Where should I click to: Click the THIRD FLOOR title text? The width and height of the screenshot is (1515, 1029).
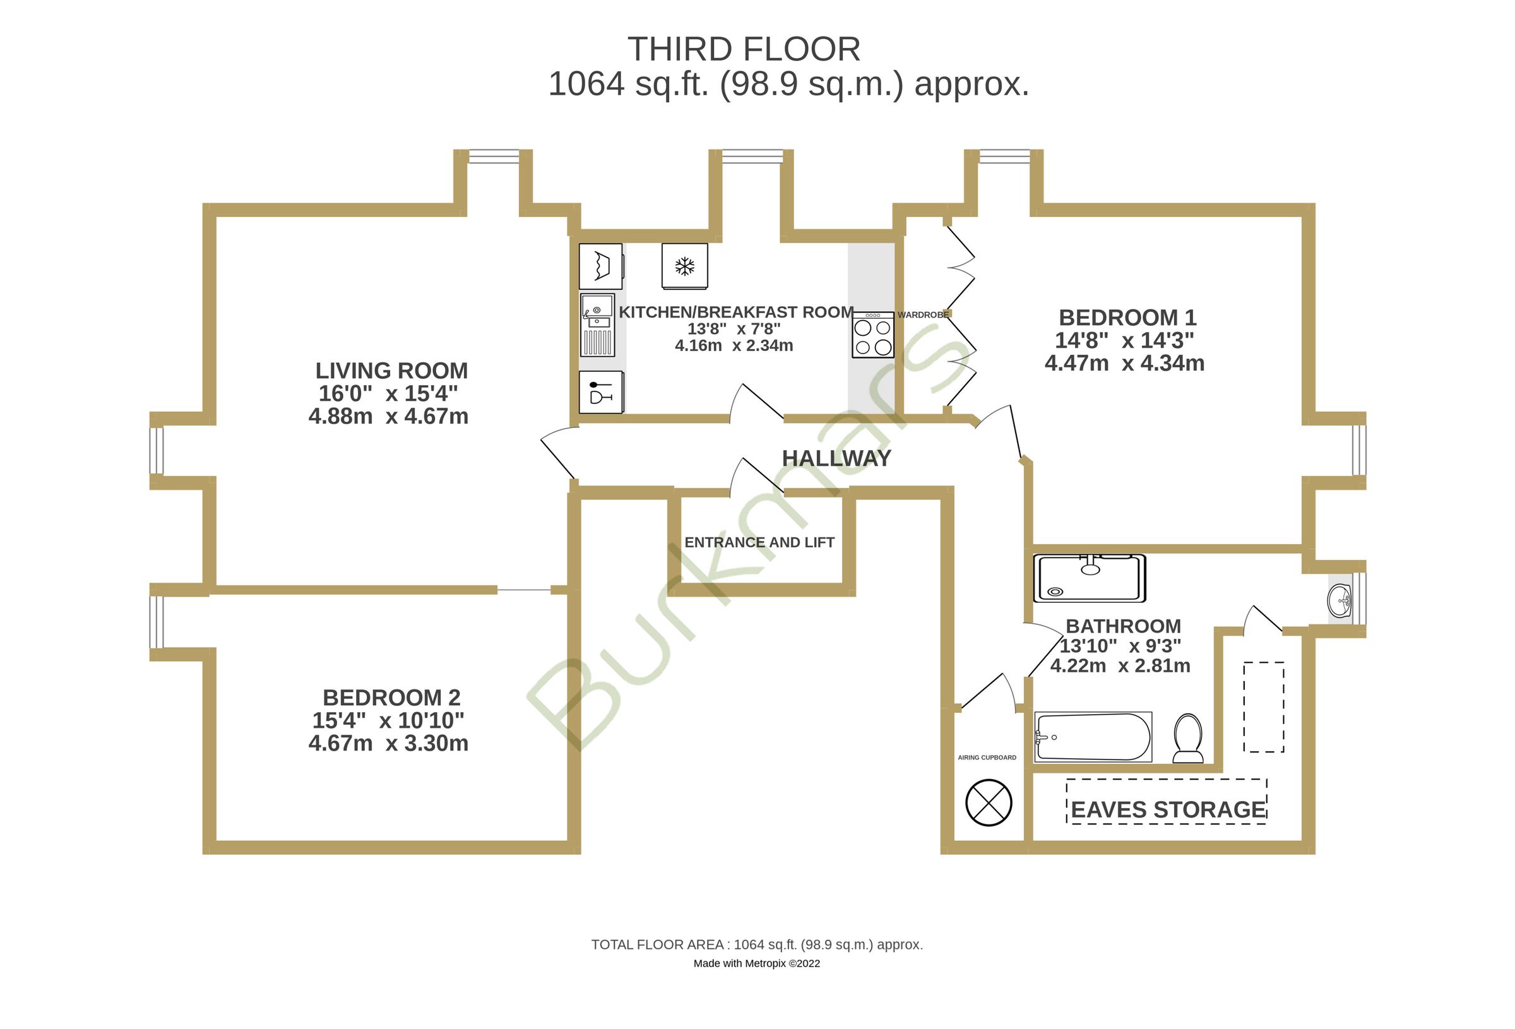coord(743,50)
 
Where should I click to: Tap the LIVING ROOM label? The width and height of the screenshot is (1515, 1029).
coord(391,371)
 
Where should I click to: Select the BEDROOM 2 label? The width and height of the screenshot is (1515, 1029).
coord(391,698)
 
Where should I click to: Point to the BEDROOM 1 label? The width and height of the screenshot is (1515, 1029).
coord(1127,318)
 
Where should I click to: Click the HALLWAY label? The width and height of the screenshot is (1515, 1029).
coord(836,458)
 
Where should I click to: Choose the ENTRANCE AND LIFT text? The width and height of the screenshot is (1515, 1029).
coord(759,542)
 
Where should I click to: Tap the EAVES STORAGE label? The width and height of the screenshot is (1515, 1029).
coord(1168,809)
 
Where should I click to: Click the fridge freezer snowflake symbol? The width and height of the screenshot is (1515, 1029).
coord(684,266)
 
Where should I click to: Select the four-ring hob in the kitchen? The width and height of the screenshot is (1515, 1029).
coord(872,336)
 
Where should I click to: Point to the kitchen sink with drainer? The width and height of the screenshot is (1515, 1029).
coord(597,324)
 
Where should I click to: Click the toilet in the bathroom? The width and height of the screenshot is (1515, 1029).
coord(1188,737)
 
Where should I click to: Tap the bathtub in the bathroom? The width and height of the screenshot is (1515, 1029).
coord(1093,737)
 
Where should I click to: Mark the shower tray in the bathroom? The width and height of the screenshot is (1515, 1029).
coord(1089,578)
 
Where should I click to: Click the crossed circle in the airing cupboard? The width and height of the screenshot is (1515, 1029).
coord(989,802)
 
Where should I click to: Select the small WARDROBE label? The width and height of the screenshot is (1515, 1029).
coord(922,315)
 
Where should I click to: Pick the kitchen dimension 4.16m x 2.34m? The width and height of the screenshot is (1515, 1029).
coord(734,345)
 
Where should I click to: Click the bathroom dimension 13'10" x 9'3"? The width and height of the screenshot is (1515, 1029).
coord(1120,646)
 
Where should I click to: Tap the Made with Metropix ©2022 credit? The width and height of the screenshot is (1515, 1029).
coord(756,963)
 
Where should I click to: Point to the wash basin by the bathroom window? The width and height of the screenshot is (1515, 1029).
coord(1339,599)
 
